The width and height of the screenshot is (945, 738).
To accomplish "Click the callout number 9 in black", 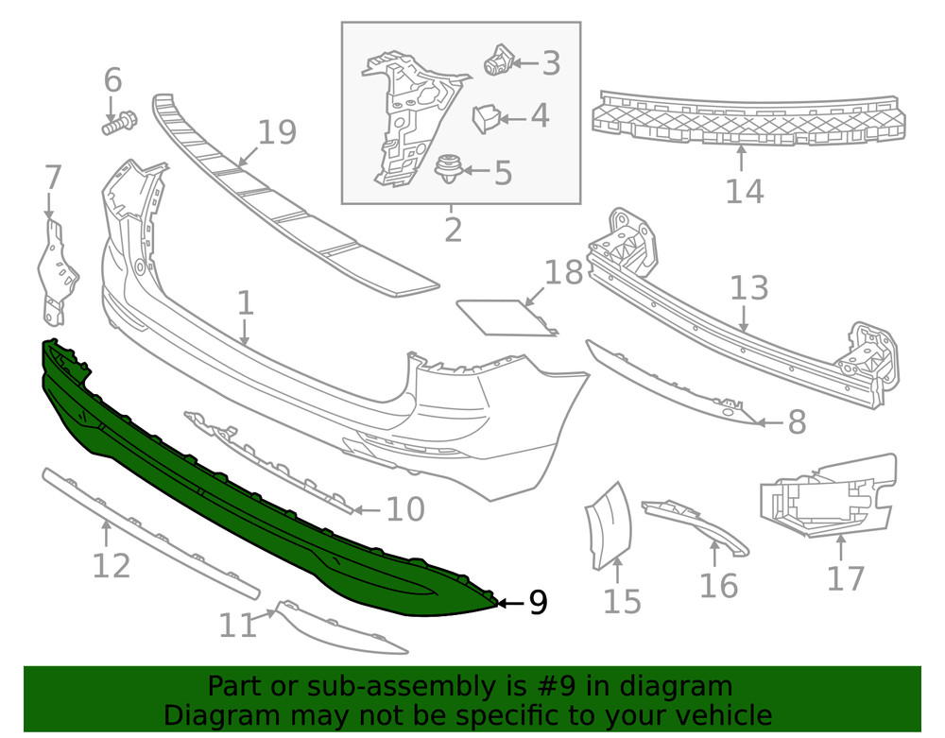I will (537, 603).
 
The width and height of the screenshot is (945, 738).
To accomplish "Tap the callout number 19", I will (277, 132).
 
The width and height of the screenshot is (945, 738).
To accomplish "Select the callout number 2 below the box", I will (453, 229).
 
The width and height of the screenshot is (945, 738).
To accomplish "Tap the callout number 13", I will (749, 288).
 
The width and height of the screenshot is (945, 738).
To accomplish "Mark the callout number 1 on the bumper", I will (245, 303).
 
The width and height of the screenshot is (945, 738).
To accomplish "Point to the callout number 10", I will (405, 511).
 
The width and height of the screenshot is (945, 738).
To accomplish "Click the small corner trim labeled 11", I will (340, 628).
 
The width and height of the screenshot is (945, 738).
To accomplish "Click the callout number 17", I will (845, 577).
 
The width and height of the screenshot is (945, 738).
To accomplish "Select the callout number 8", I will (796, 422).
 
